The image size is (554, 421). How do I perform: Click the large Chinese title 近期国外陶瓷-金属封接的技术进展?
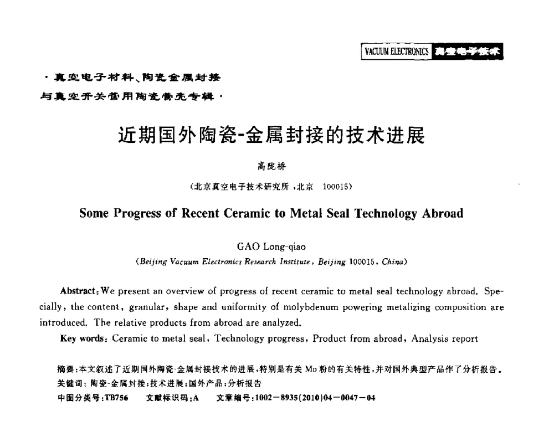[272, 135]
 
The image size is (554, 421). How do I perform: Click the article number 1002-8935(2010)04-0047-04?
[306, 397]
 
